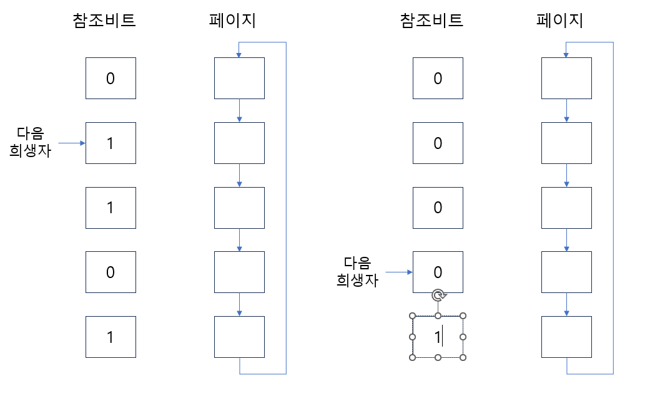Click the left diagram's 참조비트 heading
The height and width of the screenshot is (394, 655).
(104, 21)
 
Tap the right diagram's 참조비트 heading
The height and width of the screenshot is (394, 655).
(431, 21)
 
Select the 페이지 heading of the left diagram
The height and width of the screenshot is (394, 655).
(232, 21)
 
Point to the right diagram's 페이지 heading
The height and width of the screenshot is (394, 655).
(559, 21)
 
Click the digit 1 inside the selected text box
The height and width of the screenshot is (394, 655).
(438, 337)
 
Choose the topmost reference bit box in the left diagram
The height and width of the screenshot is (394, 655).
(111, 79)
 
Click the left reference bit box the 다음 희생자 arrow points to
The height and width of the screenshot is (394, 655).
(111, 143)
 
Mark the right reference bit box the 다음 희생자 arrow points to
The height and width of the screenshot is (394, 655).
(438, 272)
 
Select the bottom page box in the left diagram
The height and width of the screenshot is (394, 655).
(239, 337)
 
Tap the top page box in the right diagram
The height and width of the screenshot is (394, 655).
(566, 78)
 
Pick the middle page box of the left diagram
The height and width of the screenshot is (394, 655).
(239, 208)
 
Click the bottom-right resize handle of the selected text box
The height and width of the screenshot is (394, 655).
(463, 357)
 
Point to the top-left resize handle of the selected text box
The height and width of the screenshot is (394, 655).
(412, 316)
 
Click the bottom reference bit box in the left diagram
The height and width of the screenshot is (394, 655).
(111, 337)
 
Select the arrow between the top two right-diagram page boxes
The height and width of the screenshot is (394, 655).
(566, 110)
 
